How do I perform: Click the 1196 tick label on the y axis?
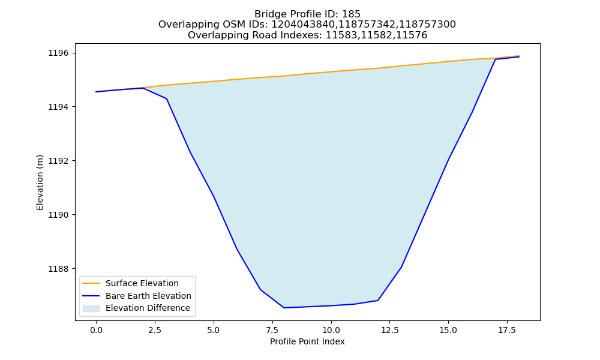coord(59,53)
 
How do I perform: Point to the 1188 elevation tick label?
coord(59,269)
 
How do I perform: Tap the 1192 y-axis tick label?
coord(59,161)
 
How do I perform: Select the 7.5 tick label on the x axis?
coord(272,330)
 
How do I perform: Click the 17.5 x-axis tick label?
coord(507,330)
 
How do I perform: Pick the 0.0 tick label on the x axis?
coord(96,330)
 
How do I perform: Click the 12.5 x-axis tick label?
coord(389,330)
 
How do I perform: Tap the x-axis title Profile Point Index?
coord(307,341)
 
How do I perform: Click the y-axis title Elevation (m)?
coord(40,182)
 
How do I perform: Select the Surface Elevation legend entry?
coord(142,283)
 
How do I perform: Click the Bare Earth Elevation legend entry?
coord(148,296)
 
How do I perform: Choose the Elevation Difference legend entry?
coord(148,308)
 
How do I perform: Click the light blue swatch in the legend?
coord(91,308)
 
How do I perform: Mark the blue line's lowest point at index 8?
coord(284,308)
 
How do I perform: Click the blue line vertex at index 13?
coord(401,267)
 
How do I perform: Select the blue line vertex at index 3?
coord(166,99)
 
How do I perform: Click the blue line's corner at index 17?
coord(495,59)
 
